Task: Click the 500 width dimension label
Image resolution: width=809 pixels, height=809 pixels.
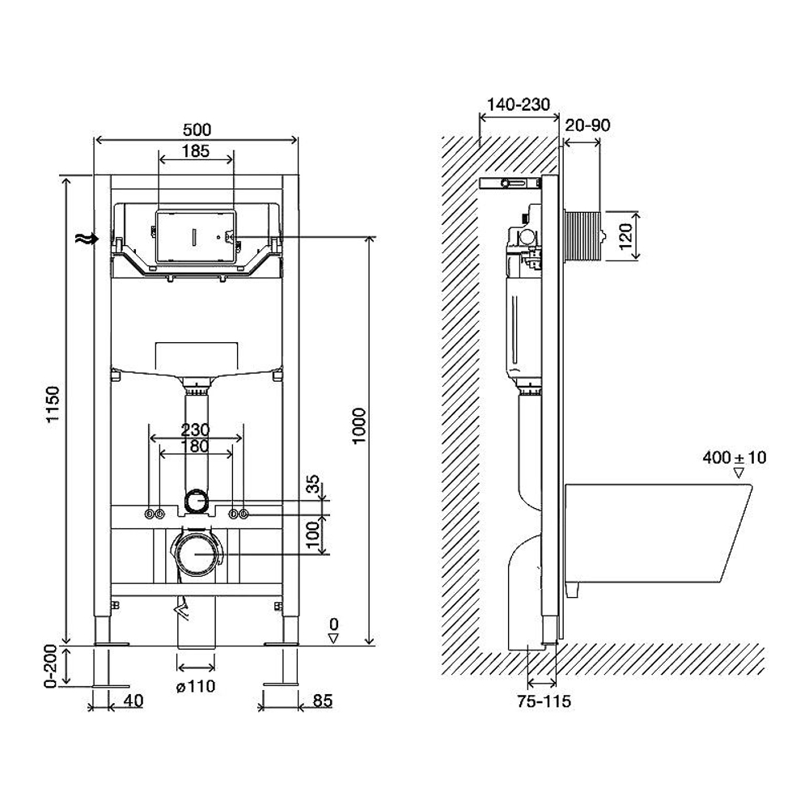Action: pyautogui.click(x=197, y=129)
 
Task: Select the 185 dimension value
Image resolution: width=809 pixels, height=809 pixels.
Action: pyautogui.click(x=196, y=150)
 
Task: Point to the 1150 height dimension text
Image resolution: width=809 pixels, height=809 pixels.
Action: pyautogui.click(x=53, y=405)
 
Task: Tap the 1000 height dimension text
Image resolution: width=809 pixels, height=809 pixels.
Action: pyautogui.click(x=358, y=426)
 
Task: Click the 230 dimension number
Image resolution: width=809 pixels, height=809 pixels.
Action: pyautogui.click(x=195, y=430)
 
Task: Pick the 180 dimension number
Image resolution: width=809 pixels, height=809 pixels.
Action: pyautogui.click(x=196, y=446)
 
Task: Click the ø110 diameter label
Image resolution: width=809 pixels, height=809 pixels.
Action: pyautogui.click(x=196, y=686)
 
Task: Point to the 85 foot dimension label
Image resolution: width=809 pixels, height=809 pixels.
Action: pyautogui.click(x=323, y=701)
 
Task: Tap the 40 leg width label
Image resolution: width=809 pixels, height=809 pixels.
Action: pyautogui.click(x=133, y=701)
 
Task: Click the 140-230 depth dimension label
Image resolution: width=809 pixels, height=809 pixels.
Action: pyautogui.click(x=519, y=104)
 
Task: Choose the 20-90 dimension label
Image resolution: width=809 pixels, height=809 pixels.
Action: pyautogui.click(x=587, y=125)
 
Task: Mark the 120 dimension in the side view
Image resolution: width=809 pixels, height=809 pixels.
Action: pyautogui.click(x=625, y=235)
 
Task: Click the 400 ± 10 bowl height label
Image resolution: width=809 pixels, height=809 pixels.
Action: pyautogui.click(x=735, y=457)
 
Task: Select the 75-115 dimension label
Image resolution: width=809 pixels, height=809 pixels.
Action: pyautogui.click(x=544, y=701)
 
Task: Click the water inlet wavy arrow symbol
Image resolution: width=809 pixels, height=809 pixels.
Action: pyautogui.click(x=87, y=238)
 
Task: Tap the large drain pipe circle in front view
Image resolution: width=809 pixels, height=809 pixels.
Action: pyautogui.click(x=196, y=553)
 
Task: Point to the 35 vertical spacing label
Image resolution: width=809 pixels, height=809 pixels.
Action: pyautogui.click(x=315, y=485)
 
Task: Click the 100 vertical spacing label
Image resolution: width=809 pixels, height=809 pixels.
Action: pyautogui.click(x=315, y=536)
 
